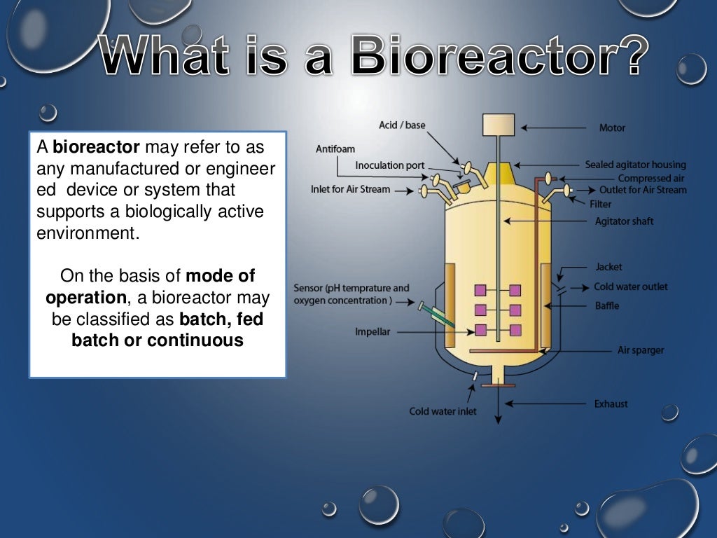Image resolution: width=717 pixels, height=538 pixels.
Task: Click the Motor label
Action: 612,128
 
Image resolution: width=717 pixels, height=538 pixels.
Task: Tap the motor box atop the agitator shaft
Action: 499,124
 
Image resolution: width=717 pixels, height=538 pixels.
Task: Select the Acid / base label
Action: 402,125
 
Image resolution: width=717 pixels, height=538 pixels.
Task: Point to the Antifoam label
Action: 335,149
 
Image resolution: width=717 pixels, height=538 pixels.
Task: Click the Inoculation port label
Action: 389,165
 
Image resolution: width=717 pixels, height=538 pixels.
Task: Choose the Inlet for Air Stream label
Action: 350,189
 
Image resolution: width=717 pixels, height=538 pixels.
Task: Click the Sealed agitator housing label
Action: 635,165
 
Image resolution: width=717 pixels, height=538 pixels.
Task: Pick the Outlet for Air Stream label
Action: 643,190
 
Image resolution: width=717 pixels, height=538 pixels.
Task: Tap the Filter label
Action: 600,204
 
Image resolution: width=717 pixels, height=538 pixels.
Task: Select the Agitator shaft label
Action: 624,221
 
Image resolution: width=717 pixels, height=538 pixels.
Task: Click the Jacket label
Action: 608,267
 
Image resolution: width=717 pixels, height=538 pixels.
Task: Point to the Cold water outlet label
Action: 630,287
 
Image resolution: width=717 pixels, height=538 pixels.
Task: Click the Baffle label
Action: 607,305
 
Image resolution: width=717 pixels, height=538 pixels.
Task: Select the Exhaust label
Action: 611,403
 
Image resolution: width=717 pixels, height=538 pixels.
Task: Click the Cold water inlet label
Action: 443,411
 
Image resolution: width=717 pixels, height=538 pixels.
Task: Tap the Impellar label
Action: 373,332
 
